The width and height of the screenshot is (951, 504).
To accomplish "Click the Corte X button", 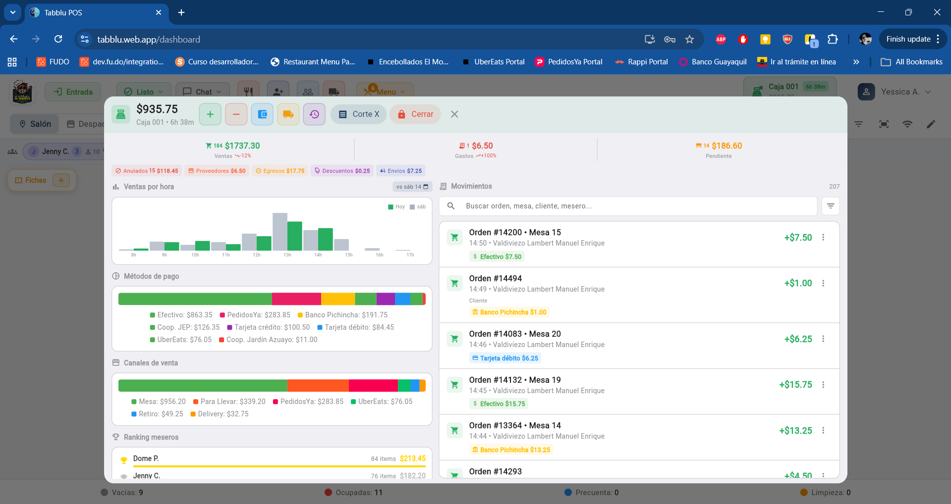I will pos(359,114).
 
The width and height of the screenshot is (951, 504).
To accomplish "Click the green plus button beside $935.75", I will pos(210,114).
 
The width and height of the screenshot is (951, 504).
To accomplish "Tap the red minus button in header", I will pos(236,114).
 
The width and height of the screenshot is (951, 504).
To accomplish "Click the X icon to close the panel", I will pos(454,114).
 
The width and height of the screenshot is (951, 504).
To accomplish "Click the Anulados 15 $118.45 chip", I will pos(147,171).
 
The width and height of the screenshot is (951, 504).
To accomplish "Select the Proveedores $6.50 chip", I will pos(217,171).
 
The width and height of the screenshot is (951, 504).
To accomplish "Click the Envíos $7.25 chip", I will pos(400,171).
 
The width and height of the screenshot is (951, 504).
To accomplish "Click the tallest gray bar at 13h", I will pos(280,231).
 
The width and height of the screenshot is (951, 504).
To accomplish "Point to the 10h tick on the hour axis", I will pos(195,255).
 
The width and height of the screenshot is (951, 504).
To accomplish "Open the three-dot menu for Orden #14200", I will pos(823,237).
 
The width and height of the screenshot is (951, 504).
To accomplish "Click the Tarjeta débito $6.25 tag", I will pos(505,358).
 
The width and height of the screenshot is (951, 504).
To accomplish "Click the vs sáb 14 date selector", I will pos(412,187).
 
